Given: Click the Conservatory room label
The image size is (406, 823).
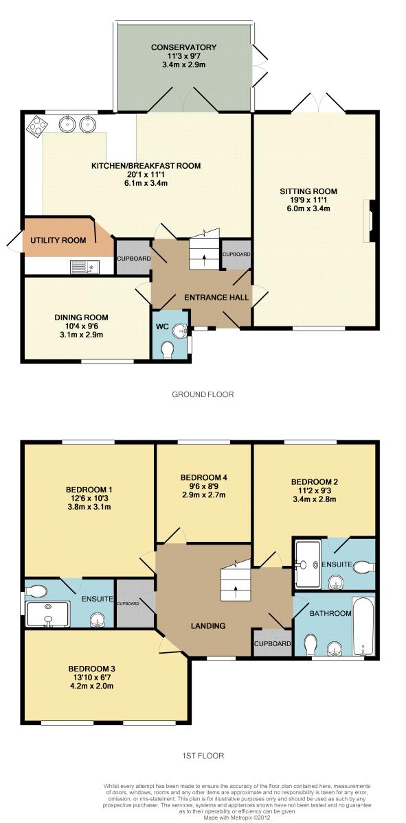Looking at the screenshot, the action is (183, 47).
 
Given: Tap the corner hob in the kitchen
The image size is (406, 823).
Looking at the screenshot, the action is (38, 127).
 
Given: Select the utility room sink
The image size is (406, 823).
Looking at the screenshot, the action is (84, 267).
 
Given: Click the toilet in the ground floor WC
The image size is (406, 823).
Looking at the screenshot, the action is (168, 350).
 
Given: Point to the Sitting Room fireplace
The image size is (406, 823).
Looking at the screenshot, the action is (369, 221).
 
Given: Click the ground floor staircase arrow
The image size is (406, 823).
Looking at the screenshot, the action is (204, 260).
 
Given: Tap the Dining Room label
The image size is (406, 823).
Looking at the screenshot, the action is (81, 318).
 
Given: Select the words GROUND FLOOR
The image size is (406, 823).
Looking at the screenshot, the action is (203, 394).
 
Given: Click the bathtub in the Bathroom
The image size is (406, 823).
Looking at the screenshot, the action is (363, 626).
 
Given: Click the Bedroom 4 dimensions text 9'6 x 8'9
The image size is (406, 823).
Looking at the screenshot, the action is (203, 486).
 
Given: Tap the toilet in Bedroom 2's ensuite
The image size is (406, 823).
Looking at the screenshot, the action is (363, 567).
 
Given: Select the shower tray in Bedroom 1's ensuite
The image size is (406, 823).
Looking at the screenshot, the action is (47, 614).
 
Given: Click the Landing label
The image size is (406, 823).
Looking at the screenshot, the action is (208, 625).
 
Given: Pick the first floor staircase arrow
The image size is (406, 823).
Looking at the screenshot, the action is (236, 593).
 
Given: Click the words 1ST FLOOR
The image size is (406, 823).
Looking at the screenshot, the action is (203, 755).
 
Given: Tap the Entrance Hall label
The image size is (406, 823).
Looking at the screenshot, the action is (216, 297).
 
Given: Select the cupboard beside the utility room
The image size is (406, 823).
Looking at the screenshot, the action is (133, 257).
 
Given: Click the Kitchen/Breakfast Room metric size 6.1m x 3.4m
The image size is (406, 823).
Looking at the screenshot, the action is (146, 182).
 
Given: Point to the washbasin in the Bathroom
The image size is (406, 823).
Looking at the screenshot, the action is (335, 649).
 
